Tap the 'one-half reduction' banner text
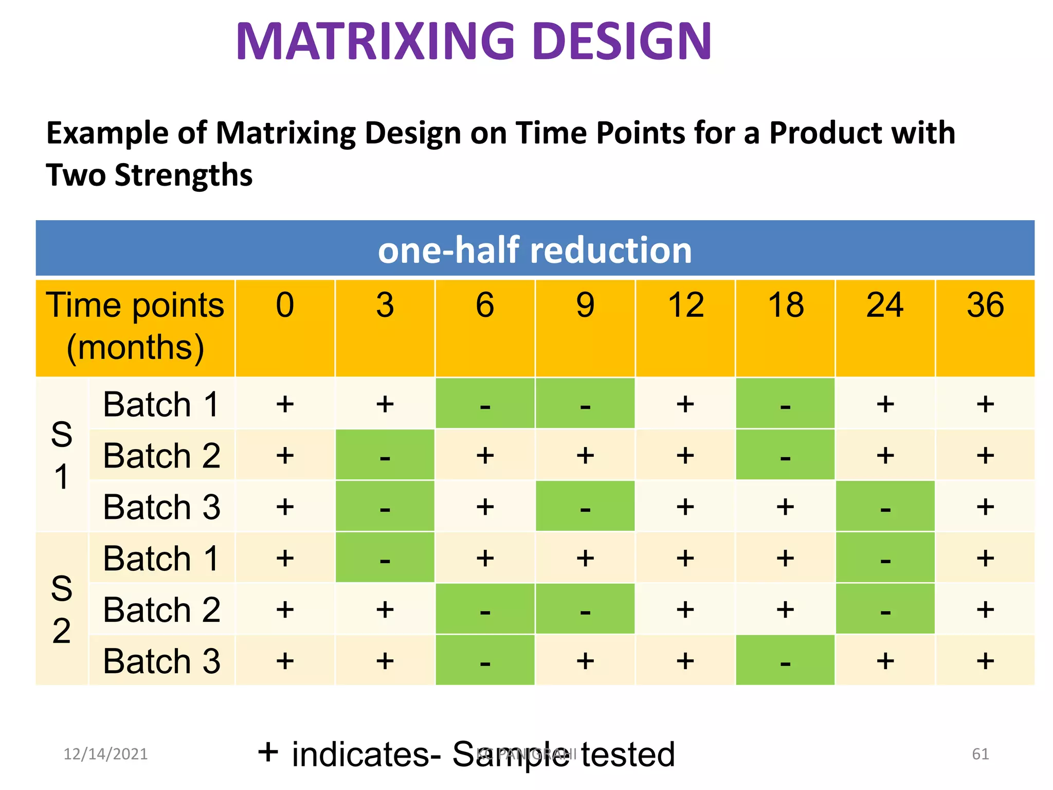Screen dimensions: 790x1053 click(535, 250)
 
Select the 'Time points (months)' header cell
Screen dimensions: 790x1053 click(135, 327)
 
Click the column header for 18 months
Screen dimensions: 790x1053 click(785, 305)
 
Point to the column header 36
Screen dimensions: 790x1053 click(985, 305)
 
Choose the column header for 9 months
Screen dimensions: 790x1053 click(585, 305)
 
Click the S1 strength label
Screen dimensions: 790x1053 click(62, 455)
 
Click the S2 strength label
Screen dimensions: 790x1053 click(62, 609)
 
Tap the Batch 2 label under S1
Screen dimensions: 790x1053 click(161, 456)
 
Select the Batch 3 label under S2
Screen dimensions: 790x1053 click(161, 661)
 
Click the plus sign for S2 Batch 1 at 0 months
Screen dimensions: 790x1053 click(285, 558)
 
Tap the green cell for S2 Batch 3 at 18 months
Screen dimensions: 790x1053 click(785, 661)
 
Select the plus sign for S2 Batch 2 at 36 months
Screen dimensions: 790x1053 click(985, 609)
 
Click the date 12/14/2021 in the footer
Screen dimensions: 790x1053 click(105, 754)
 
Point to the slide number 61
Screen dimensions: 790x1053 click(980, 754)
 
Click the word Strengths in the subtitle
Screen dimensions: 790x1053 click(184, 175)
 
